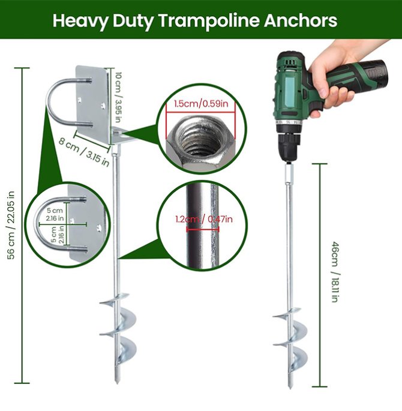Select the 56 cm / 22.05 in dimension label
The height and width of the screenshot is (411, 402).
[11, 225]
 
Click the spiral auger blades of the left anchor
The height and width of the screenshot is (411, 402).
[118, 328]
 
